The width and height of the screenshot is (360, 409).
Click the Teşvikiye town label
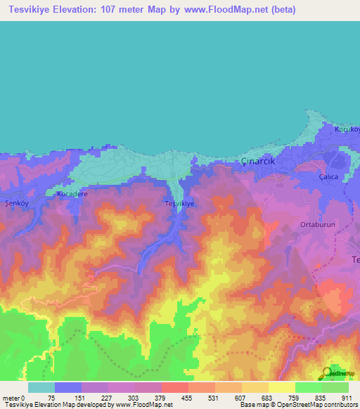click(179, 203)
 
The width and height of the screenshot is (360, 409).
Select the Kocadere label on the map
click(72, 193)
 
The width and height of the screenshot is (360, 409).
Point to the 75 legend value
click(51, 398)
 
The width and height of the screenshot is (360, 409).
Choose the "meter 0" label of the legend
click(14, 398)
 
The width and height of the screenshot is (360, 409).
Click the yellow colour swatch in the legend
click(281, 387)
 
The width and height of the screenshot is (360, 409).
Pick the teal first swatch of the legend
click(41, 387)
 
